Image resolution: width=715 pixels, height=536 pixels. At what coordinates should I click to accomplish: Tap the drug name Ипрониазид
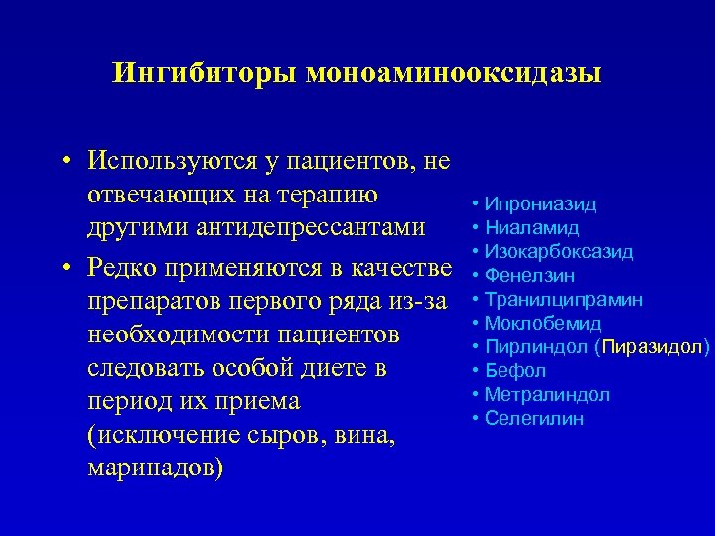540,204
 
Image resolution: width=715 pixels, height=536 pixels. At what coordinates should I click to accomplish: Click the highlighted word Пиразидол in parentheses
652,347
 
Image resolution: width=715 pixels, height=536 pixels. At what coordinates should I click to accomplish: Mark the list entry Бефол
515,371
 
